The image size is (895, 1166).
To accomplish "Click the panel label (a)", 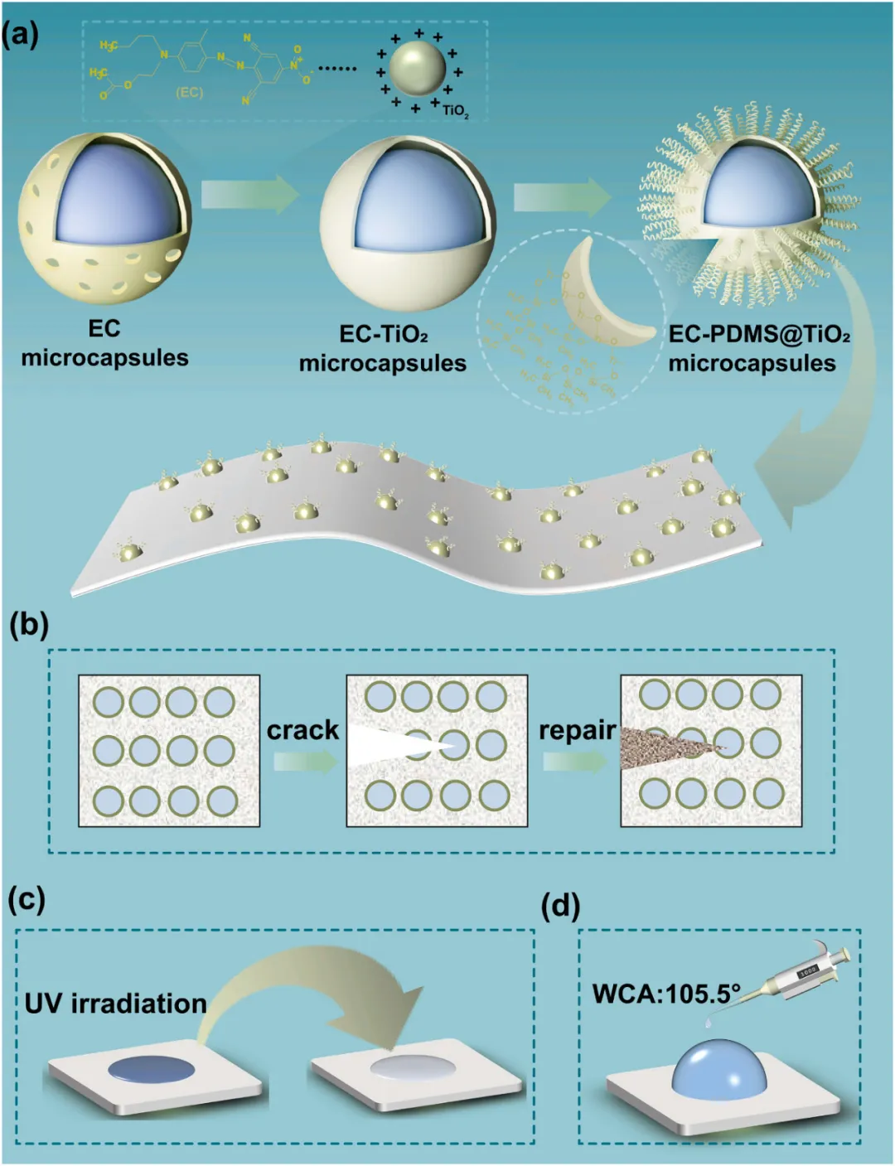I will [21, 36].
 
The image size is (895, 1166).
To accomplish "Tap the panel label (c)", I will [27, 899].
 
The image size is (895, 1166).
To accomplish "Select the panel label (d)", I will [560, 906].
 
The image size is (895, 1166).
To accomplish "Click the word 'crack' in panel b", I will [302, 730].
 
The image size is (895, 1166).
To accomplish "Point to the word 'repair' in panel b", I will [577, 730].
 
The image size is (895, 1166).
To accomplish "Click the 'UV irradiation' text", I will [115, 1004].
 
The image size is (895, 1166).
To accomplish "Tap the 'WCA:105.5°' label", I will [665, 992].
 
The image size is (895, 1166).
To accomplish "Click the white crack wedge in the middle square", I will [389, 745].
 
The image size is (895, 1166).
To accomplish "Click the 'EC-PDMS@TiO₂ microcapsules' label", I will [758, 348].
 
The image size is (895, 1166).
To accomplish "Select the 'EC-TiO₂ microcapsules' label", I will [383, 348].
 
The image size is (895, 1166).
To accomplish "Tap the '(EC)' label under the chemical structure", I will [189, 93].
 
